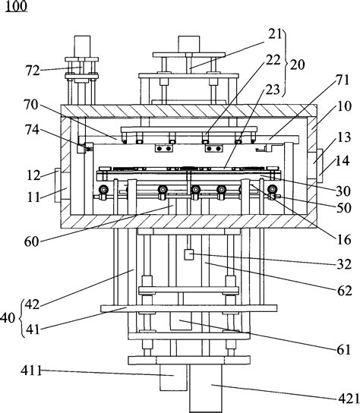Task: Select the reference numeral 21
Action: (275, 34)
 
